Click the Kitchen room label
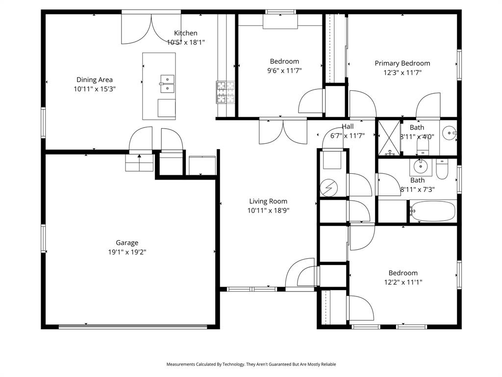pyautogui.click(x=186, y=33)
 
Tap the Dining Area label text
pyautogui.click(x=95, y=80)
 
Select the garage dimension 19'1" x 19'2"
pyautogui.click(x=127, y=252)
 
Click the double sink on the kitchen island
pyautogui.click(x=167, y=83)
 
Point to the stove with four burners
pyautogui.click(x=226, y=93)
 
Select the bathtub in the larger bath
pyautogui.click(x=432, y=211)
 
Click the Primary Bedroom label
pyautogui.click(x=402, y=63)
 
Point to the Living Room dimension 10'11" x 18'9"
pyautogui.click(x=268, y=211)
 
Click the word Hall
pyautogui.click(x=348, y=126)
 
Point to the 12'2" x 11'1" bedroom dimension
pyautogui.click(x=403, y=282)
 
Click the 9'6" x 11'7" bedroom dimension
pyautogui.click(x=284, y=71)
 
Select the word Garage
pyautogui.click(x=127, y=242)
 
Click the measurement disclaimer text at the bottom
pyautogui.click(x=251, y=364)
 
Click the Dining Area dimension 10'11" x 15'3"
pyautogui.click(x=95, y=89)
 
